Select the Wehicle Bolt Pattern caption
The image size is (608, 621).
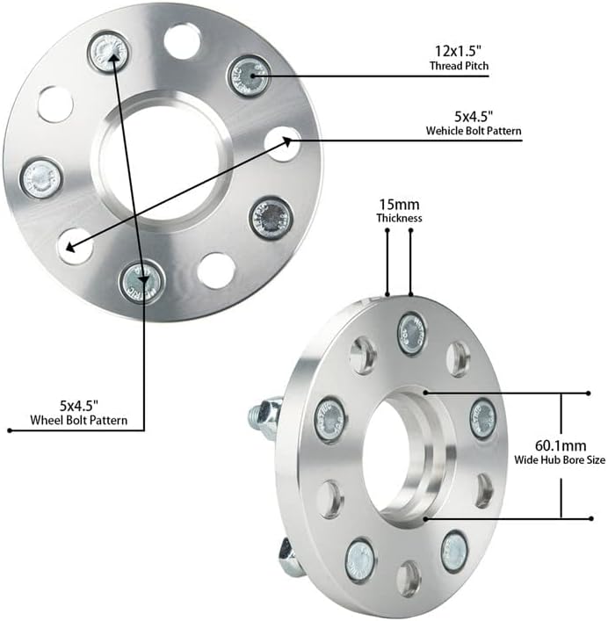click(473, 131)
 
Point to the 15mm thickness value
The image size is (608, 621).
click(399, 203)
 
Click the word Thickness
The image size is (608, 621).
click(399, 218)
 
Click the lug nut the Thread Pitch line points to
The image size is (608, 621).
click(249, 76)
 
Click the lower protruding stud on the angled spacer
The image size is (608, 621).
click(289, 555)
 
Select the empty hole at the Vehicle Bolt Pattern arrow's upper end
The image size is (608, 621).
click(282, 142)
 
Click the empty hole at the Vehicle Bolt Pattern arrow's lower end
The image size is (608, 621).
click(76, 245)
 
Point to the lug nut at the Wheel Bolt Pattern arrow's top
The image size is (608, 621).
click(109, 52)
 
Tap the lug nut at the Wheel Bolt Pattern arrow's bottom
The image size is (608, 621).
click(141, 279)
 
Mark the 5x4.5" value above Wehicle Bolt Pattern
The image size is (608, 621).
click(474, 115)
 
